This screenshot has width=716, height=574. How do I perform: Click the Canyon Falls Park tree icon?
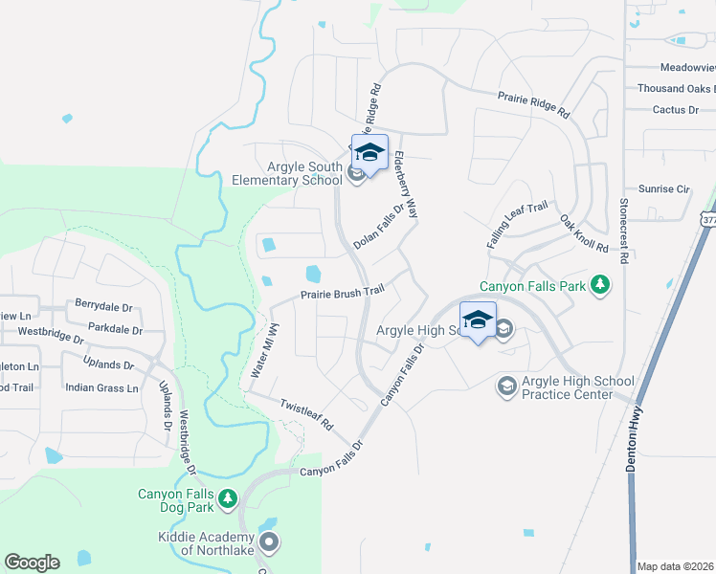pos(600,284)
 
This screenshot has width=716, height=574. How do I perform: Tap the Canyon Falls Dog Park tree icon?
pos(227,497)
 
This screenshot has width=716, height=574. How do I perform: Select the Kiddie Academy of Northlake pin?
pos(269,543)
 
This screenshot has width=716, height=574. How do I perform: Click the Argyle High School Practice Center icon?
pos(506,386)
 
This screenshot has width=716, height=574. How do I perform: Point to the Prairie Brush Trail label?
pos(343,292)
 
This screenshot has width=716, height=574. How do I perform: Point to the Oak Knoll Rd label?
pos(584,232)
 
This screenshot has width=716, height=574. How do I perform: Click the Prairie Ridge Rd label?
pos(533,104)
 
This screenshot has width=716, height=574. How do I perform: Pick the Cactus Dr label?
pos(675,110)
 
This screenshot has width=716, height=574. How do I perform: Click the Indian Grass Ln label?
pos(101,387)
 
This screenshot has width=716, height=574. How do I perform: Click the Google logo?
pos(32,563)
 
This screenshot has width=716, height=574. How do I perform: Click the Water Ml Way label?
pos(264,349)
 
